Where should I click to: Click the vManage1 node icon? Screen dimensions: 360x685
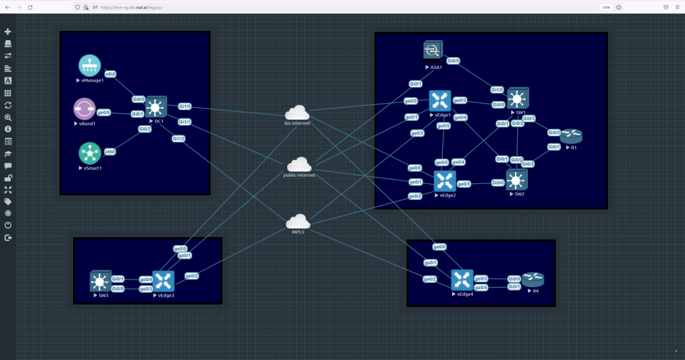(x=90, y=66)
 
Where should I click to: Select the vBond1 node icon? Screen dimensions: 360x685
(x=84, y=109)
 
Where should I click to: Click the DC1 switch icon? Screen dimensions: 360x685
(x=156, y=107)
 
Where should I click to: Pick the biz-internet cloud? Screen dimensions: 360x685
(x=297, y=113)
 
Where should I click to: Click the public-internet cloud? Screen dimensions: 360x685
(x=299, y=165)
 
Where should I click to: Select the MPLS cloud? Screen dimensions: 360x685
(x=298, y=222)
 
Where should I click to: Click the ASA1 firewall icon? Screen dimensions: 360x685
(x=433, y=52)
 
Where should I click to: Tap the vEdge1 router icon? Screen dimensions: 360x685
(x=440, y=101)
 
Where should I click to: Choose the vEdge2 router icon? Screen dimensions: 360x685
(x=444, y=181)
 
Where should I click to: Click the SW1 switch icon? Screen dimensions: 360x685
(x=517, y=99)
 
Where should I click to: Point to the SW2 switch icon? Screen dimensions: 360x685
(x=516, y=180)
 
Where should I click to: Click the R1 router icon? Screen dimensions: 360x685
(x=572, y=137)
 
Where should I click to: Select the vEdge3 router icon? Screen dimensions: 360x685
(x=163, y=281)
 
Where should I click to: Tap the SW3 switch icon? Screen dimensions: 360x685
(x=100, y=281)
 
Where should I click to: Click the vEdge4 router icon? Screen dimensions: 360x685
(x=462, y=280)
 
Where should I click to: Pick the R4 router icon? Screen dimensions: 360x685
(x=533, y=279)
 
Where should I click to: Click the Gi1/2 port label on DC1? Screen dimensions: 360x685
(x=179, y=139)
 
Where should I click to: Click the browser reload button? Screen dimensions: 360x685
(x=30, y=7)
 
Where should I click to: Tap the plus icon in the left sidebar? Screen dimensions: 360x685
(x=8, y=31)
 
